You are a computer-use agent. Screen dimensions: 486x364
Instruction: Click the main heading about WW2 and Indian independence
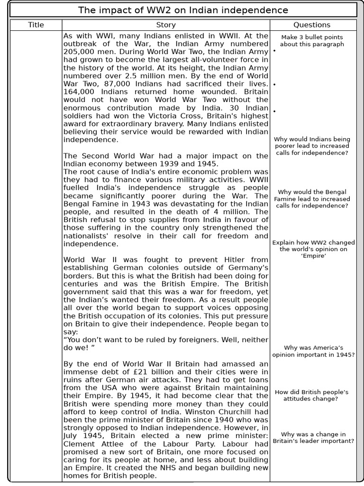pos(182,10)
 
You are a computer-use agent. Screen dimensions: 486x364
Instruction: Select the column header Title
pos(36,25)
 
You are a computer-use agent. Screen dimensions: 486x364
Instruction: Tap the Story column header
pos(166,25)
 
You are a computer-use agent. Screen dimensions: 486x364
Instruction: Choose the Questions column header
pos(312,25)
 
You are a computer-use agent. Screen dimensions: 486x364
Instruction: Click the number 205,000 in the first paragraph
pos(79,52)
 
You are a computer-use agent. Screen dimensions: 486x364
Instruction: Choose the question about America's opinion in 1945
pos(313,351)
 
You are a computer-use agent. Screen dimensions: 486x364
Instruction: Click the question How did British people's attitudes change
pos(312,395)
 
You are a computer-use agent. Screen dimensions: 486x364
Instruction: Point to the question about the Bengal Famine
pos(312,199)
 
